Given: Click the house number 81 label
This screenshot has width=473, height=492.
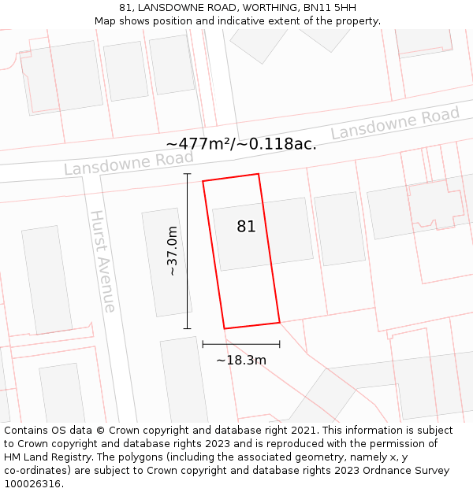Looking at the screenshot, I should [x=246, y=227].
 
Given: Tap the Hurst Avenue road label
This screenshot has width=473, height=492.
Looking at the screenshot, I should [x=103, y=261].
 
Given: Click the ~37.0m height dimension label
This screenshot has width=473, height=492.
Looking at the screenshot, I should [x=172, y=250].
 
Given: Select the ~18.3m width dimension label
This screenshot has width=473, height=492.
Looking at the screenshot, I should [x=241, y=361].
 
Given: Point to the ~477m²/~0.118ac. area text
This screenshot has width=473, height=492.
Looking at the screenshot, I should [x=241, y=144].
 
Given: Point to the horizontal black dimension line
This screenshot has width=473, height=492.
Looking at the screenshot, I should [x=241, y=344].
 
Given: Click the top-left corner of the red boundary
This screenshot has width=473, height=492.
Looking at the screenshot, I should [x=203, y=182].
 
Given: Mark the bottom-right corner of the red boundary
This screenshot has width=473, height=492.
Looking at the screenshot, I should [x=280, y=322].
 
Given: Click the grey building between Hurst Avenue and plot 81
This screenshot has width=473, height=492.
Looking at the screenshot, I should [x=162, y=262].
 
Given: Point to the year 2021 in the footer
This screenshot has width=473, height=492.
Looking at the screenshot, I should [x=304, y=431].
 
